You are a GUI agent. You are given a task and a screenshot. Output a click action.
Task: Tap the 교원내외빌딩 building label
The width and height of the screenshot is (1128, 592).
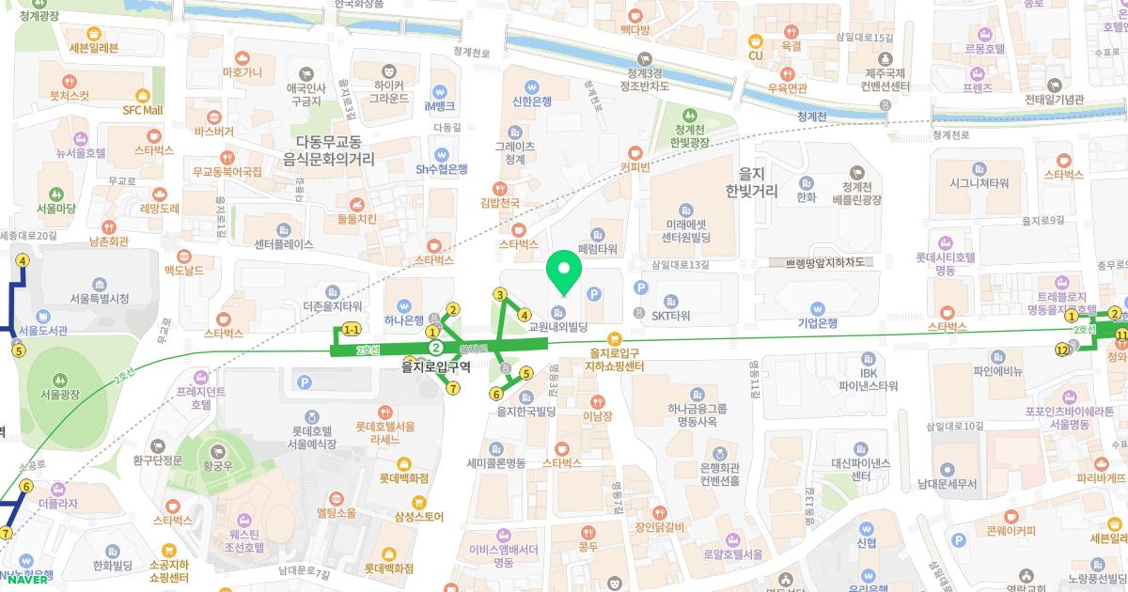click(x=558, y=327)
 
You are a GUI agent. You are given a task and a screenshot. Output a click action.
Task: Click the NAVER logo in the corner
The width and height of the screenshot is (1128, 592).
click(x=27, y=579)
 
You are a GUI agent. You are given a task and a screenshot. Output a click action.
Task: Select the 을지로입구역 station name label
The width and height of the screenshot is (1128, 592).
click(x=435, y=366)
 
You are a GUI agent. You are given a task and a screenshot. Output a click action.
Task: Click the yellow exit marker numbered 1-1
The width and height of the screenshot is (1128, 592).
click(x=352, y=330)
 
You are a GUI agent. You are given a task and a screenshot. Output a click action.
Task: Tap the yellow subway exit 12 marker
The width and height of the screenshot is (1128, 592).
click(x=1062, y=350)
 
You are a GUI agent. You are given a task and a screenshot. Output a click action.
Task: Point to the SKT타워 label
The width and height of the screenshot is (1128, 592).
click(x=671, y=316)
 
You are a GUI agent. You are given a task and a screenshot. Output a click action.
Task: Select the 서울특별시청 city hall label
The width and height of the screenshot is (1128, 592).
click(x=99, y=299)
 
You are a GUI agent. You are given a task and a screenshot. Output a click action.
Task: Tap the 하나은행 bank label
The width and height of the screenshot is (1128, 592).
click(x=404, y=319)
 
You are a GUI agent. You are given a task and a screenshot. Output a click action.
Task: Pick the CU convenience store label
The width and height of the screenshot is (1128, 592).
click(x=755, y=55)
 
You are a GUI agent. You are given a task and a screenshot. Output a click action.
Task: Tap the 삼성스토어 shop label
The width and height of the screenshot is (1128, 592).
click(x=418, y=516)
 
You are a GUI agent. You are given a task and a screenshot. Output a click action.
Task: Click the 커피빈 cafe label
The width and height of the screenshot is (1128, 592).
click(x=635, y=167)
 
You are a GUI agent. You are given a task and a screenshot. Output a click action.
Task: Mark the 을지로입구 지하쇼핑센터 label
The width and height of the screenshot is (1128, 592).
click(x=614, y=359)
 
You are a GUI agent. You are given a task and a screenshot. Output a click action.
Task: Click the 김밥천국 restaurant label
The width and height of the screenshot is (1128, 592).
click(x=500, y=201)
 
